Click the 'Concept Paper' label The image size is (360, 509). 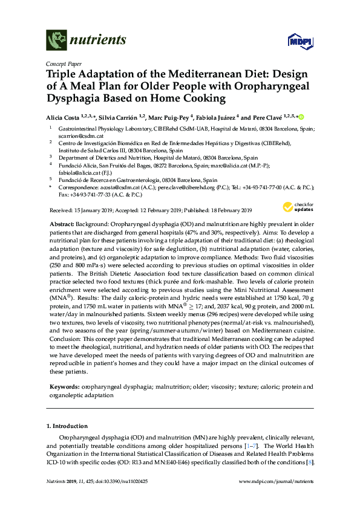point(62,63)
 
